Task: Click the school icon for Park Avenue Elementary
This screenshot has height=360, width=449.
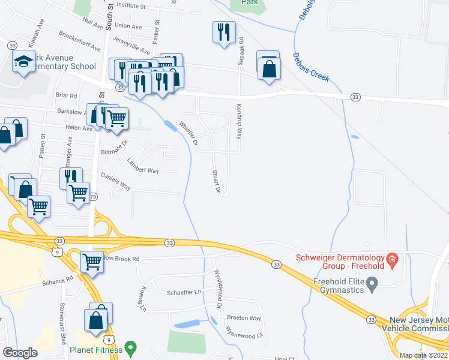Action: pos(24,61)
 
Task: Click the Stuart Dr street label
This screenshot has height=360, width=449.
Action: pos(217,182)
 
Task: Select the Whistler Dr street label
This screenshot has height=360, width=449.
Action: pos(188,134)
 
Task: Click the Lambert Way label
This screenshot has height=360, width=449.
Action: pos(143,166)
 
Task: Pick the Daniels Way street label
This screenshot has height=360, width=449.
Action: pos(115,182)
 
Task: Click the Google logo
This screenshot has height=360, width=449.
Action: pos(20,352)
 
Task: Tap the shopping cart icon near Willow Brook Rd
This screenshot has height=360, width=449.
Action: pos(92,261)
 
